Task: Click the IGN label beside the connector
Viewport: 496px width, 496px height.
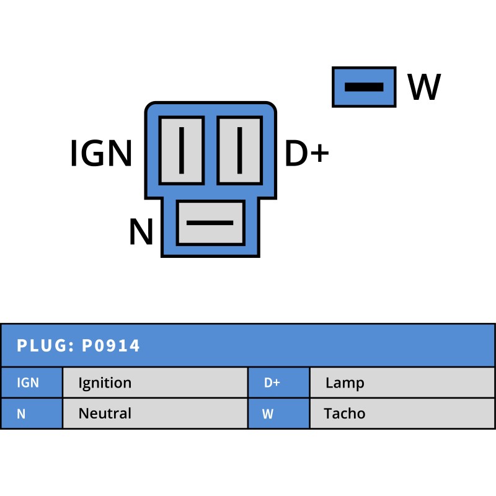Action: (101, 154)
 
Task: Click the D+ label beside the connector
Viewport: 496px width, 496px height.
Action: (306, 154)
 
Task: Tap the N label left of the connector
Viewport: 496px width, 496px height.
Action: (141, 232)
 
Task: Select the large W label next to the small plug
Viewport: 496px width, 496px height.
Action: (424, 87)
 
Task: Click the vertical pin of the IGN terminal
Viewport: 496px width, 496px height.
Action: (182, 151)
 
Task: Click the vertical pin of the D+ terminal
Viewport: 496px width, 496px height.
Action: (239, 151)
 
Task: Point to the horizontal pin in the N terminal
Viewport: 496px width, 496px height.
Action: (210, 223)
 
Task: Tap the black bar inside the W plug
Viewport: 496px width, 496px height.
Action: (364, 87)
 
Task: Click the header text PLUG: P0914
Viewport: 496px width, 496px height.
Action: (79, 346)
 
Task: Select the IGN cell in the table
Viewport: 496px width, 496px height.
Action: (31, 383)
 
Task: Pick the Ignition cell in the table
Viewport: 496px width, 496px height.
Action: (155, 383)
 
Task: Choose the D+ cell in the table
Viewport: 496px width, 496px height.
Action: (278, 383)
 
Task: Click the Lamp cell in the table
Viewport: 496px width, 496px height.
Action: (402, 383)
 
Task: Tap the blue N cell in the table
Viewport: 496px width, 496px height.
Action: (31, 414)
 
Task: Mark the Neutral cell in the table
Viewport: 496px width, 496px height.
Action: (155, 414)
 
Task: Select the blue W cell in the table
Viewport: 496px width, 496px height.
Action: (278, 414)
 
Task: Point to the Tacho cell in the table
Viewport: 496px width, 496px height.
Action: (402, 414)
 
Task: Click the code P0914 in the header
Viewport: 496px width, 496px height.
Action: (112, 346)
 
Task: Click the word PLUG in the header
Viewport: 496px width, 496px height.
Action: (42, 346)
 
